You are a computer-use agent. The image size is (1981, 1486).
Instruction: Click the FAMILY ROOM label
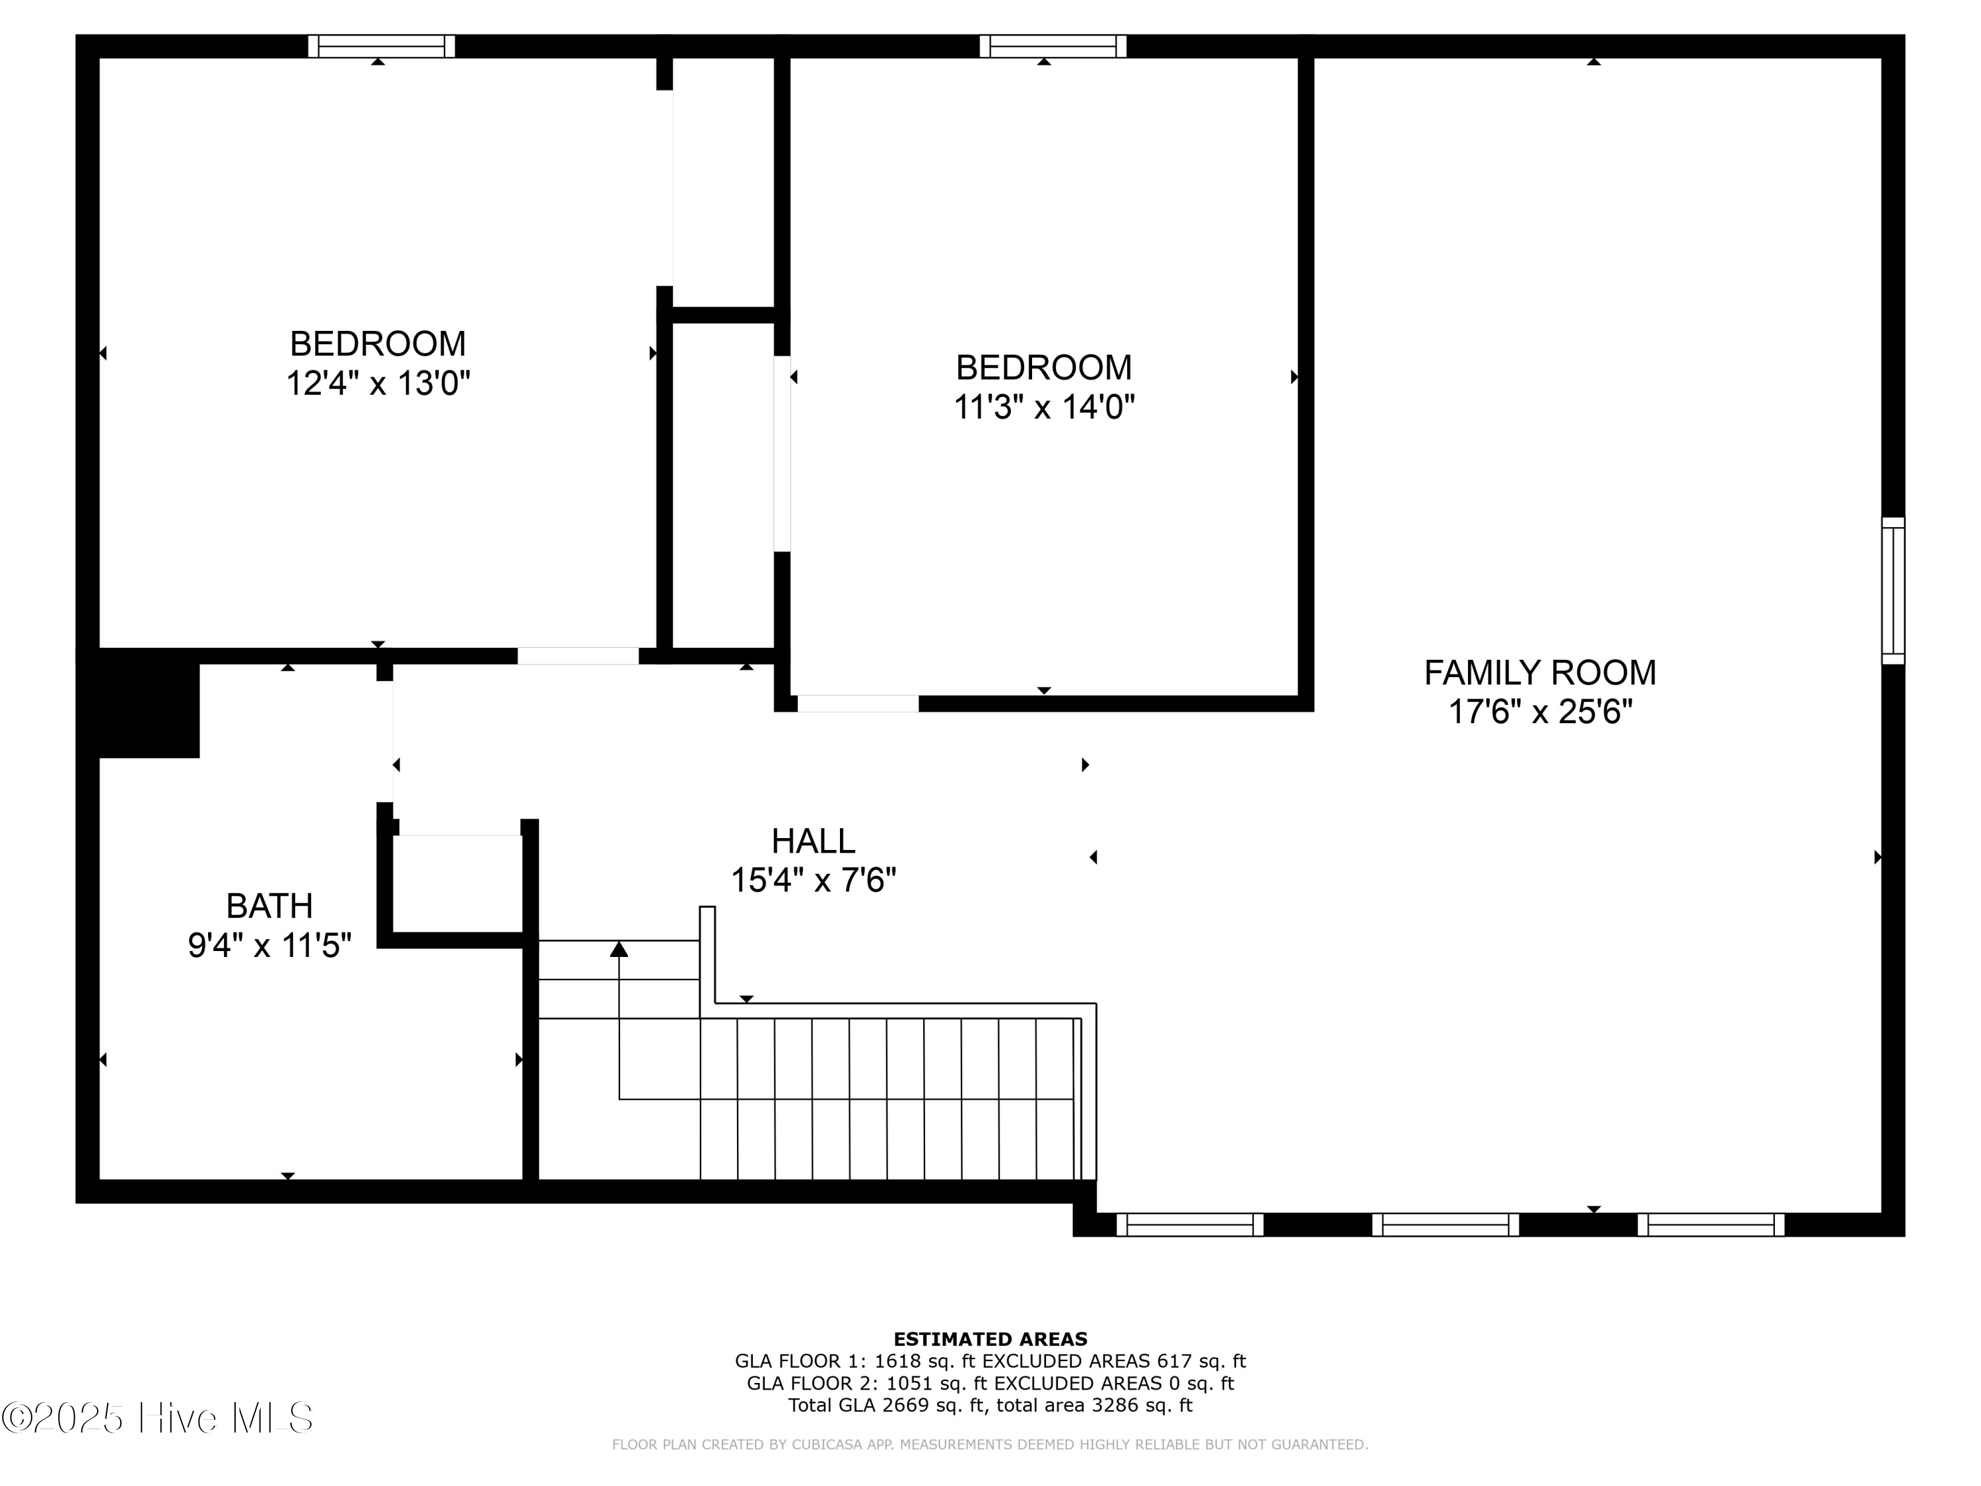tap(1539, 673)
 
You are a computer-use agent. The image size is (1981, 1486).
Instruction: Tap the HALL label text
tap(813, 841)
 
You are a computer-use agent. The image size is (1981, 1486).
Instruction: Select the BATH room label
tap(269, 907)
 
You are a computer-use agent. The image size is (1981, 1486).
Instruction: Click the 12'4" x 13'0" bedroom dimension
tap(378, 383)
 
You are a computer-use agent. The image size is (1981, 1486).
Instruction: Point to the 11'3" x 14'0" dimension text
tap(1044, 407)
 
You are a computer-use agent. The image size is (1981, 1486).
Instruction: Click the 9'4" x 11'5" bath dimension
tap(269, 946)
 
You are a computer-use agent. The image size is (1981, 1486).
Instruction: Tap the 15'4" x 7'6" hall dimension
tap(813, 880)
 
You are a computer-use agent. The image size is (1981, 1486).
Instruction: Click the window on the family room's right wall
tap(1893, 590)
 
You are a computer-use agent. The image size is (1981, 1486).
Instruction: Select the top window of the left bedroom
tap(382, 46)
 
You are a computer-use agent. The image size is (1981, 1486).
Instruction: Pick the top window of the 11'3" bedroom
tap(1053, 46)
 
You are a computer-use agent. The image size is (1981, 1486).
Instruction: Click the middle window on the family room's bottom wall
tap(1445, 1224)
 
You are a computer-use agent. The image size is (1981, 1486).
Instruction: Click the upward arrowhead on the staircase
tap(619, 948)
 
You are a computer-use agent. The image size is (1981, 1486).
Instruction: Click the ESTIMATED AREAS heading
tap(990, 1339)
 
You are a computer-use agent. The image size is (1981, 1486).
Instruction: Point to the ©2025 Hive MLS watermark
tap(158, 1418)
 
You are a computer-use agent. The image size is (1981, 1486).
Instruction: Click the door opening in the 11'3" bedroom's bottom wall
tap(858, 703)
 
